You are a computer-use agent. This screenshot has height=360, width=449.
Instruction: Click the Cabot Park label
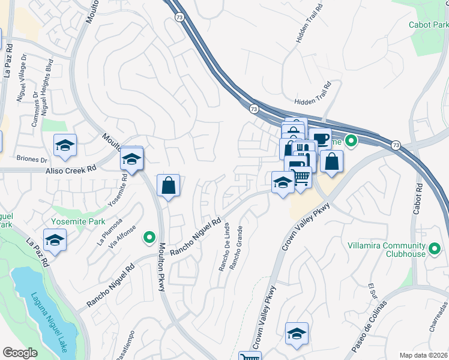point(429,25)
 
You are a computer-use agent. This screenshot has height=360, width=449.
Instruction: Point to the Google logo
point(20,353)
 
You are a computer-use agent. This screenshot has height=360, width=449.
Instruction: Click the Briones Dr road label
point(32,160)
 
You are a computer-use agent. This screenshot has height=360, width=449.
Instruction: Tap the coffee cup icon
point(320,139)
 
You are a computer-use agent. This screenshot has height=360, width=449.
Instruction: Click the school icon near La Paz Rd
point(55,241)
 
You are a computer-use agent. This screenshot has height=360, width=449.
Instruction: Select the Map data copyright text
point(424,354)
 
